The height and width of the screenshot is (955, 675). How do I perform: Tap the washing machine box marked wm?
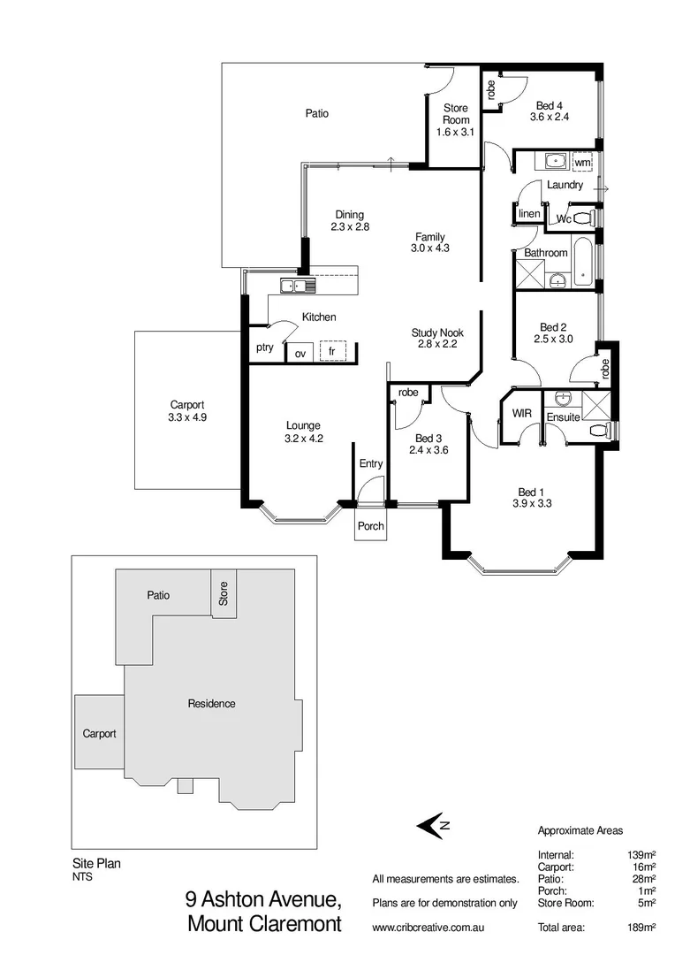coord(581,163)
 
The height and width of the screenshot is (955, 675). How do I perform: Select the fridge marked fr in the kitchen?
coord(331,352)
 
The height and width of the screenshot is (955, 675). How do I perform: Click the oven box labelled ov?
coord(300,353)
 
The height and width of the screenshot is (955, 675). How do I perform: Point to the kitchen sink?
coord(292,285)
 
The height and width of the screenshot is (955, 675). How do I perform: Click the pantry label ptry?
coord(264,348)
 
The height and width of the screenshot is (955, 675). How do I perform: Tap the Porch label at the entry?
coord(371,526)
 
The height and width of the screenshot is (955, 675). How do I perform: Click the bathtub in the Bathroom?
coord(583,263)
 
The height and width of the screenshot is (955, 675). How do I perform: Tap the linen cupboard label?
coord(528,214)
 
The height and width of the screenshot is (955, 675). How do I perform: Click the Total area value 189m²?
coord(641,928)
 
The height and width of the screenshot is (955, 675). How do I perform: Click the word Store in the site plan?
coord(223,592)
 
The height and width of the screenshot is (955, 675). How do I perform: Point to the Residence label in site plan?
coord(211,704)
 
